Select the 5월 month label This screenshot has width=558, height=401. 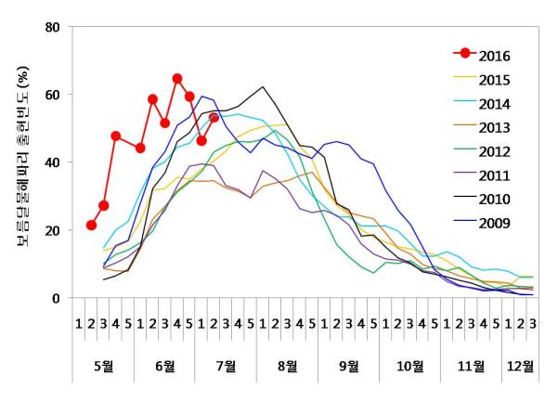coord(103,365)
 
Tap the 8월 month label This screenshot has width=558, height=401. coord(287,365)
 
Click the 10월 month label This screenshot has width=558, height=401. coord(409,365)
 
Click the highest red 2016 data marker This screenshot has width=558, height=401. coord(176,79)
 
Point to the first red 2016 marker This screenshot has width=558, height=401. coord(91,225)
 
